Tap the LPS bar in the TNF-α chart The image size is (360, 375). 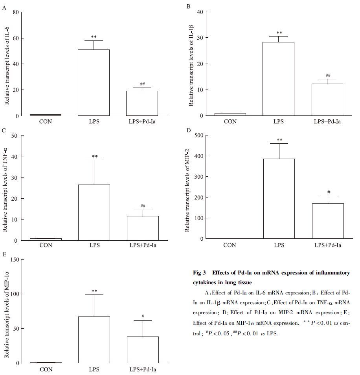94,212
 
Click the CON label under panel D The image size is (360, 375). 230,245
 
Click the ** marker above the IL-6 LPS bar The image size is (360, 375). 94,37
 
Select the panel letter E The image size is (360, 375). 4,254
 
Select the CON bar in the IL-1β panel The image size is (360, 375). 230,114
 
